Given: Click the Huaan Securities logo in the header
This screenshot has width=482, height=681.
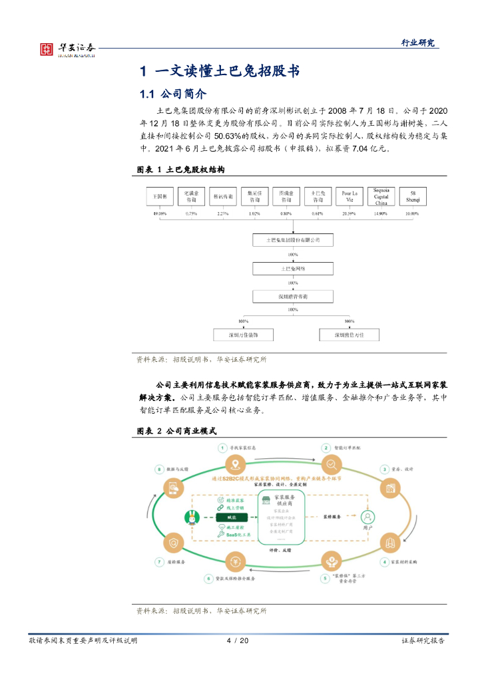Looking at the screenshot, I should (67, 48).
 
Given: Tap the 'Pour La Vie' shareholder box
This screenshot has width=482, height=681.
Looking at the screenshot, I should (350, 196).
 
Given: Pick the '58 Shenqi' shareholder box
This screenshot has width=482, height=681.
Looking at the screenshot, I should (413, 196).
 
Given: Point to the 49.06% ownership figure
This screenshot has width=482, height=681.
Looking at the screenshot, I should (160, 213).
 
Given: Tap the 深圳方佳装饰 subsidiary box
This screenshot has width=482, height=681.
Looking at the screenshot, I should (240, 335).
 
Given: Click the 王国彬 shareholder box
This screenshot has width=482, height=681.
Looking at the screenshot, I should (160, 196).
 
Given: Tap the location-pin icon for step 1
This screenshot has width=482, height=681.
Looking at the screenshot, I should (234, 464).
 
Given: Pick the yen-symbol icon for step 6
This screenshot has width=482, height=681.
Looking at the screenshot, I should (234, 562).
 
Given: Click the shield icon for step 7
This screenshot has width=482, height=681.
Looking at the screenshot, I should (173, 543).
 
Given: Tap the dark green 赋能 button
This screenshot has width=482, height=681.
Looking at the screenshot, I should (232, 517).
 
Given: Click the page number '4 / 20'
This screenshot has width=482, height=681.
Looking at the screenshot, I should (238, 640).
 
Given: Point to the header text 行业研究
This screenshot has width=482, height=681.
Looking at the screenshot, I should (417, 43).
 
